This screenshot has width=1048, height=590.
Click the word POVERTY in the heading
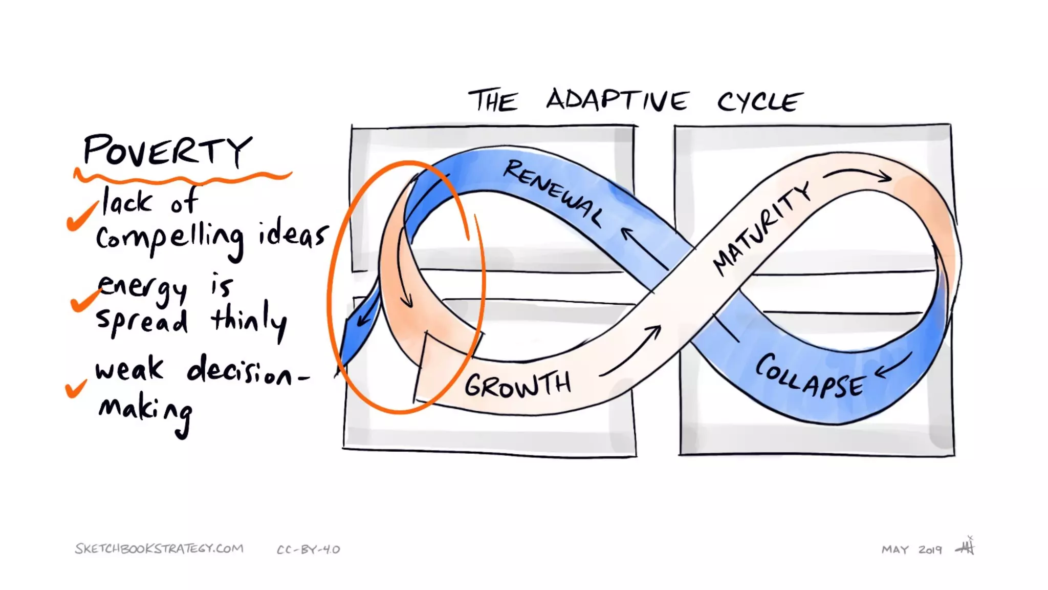[167, 151]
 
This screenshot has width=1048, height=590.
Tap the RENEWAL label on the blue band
[553, 193]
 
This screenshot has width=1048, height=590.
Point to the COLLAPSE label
[811, 376]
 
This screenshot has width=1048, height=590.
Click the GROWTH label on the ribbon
[517, 385]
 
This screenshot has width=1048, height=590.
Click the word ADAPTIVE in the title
[618, 99]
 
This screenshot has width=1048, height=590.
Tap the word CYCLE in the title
[760, 101]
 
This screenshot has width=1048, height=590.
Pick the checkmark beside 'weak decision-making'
[76, 388]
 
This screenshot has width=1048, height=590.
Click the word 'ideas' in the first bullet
[292, 236]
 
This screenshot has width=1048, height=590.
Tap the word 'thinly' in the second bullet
[249, 320]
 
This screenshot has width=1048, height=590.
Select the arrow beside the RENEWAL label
[644, 248]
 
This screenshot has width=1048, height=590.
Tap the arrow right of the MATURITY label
[858, 174]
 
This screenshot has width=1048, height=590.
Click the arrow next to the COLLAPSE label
[893, 365]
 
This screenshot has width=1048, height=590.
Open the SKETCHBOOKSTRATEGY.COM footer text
[159, 549]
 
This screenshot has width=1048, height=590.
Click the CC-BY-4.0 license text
[308, 550]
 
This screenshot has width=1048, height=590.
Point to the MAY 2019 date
[911, 550]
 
